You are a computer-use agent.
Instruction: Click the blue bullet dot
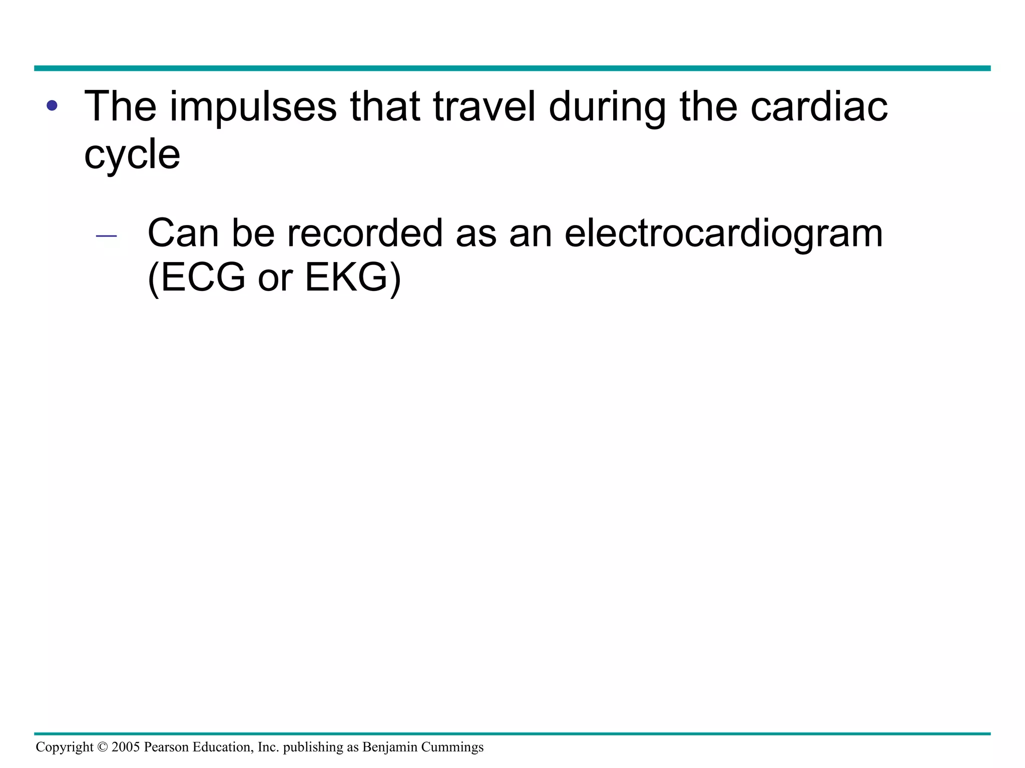52,106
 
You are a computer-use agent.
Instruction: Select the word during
607,107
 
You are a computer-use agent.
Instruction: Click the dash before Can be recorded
106,235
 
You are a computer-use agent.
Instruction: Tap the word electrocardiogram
723,234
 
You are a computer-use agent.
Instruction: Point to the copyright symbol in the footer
102,747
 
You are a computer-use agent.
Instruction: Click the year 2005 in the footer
126,747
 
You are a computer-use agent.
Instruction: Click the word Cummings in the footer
452,747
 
